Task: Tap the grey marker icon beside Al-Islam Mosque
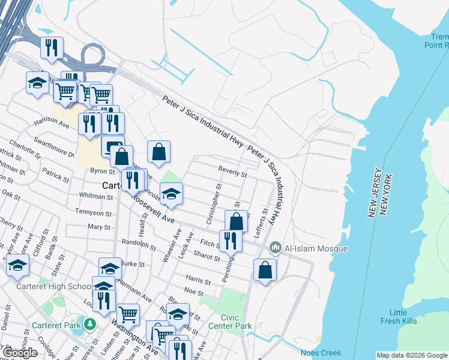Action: point(276,247)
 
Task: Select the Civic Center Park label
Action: point(230,321)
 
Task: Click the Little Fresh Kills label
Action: point(398,317)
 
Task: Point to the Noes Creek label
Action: point(321,353)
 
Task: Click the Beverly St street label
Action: point(233,174)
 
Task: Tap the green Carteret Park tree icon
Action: point(89,325)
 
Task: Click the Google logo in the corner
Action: point(20,353)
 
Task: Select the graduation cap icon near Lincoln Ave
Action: point(171,194)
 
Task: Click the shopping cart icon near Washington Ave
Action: point(128,313)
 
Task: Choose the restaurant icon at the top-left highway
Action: point(52,47)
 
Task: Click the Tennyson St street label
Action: point(92,211)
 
